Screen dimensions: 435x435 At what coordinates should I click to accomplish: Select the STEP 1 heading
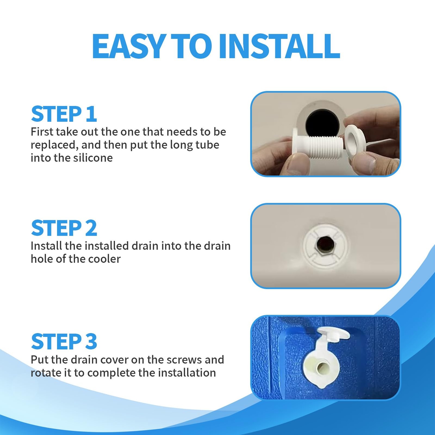(64, 114)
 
